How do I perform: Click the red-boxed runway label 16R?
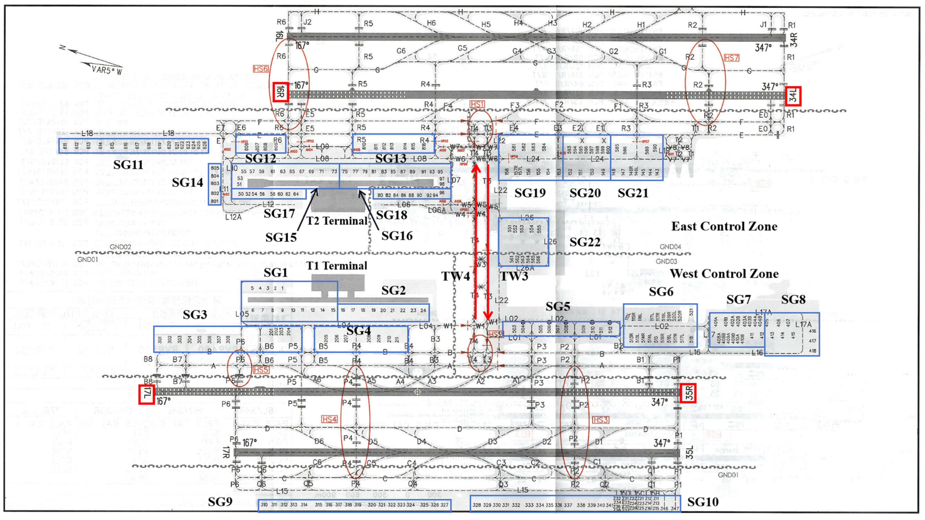(x=280, y=92)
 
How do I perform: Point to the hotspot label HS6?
(x=261, y=69)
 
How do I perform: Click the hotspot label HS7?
(x=731, y=58)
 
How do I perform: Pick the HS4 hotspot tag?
(x=329, y=419)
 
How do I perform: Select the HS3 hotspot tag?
(x=601, y=420)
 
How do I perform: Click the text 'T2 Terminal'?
(x=337, y=220)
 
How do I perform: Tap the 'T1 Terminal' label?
(x=337, y=266)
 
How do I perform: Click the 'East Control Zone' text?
(x=724, y=226)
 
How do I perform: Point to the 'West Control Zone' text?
(x=724, y=274)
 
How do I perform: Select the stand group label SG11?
(x=128, y=165)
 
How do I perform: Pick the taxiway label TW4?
(x=455, y=276)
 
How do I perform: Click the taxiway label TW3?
(x=514, y=276)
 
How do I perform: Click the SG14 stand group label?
(x=187, y=183)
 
